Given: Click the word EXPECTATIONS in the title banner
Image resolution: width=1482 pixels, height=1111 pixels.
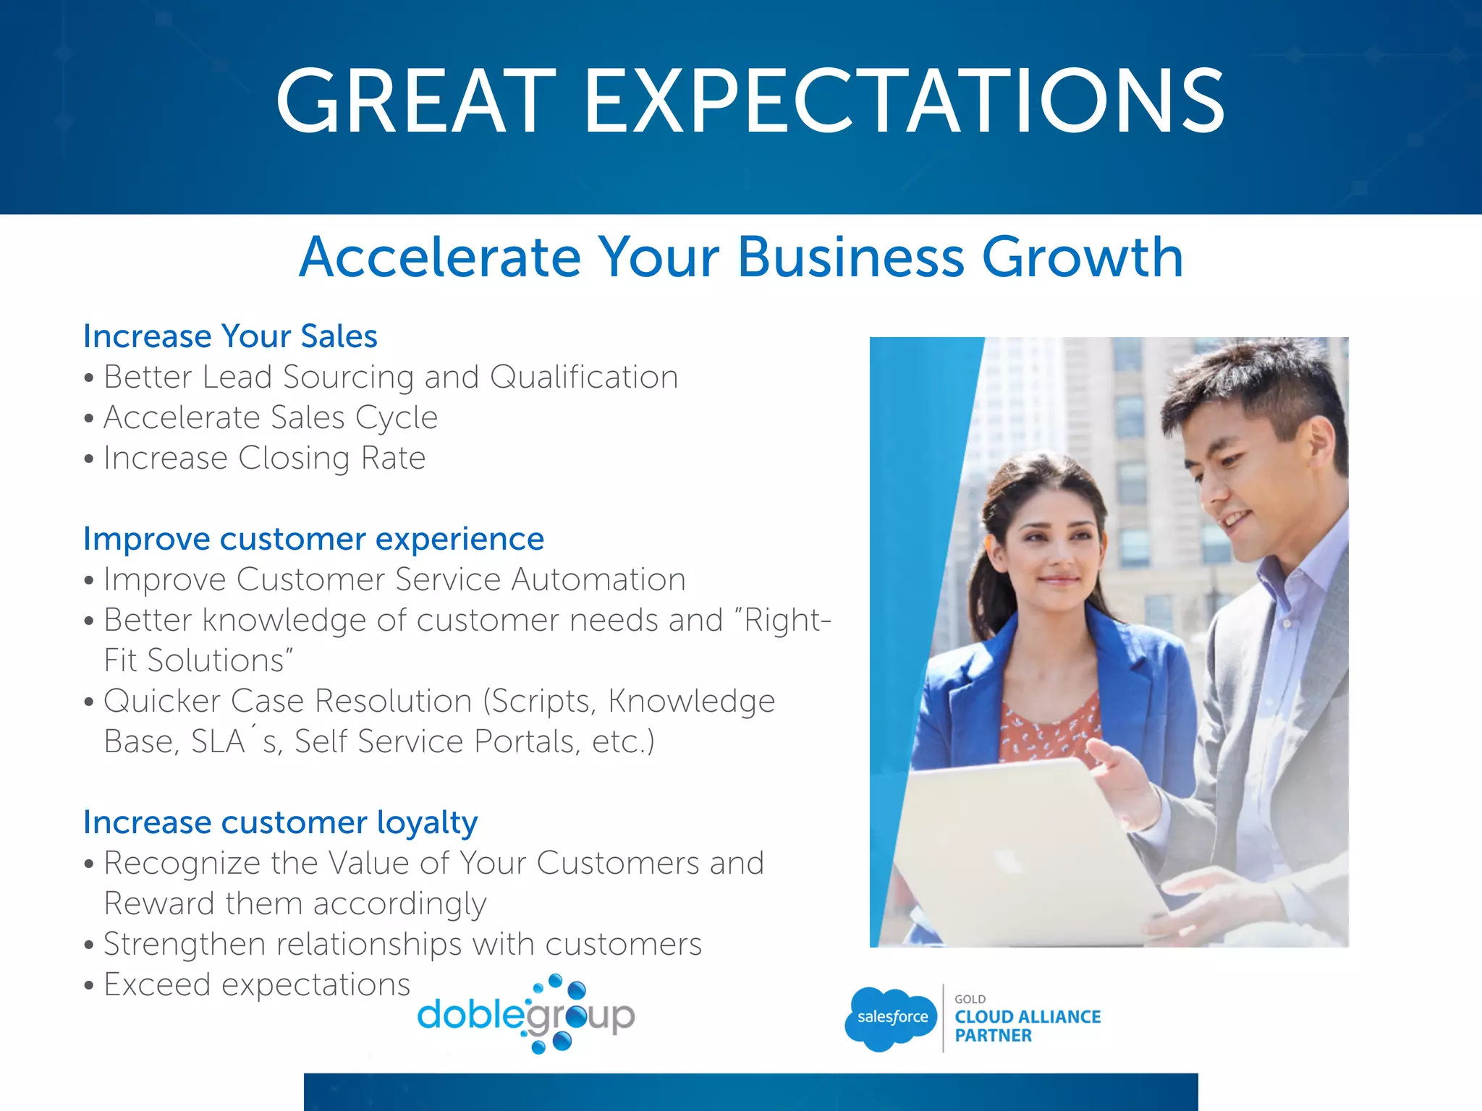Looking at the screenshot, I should (x=905, y=101).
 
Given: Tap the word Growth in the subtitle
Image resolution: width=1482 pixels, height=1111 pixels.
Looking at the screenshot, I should (x=1082, y=257).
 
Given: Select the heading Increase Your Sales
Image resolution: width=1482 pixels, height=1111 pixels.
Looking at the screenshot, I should (x=230, y=336).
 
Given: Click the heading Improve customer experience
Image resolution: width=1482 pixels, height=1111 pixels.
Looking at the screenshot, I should (x=313, y=539).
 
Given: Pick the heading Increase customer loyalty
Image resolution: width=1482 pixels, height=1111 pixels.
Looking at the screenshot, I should (x=280, y=822).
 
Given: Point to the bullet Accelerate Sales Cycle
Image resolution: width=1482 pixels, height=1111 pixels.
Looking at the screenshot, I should (x=270, y=417).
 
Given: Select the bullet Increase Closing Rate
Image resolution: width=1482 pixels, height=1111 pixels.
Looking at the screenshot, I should (x=264, y=458).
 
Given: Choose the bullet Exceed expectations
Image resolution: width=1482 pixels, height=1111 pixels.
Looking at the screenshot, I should (x=256, y=984).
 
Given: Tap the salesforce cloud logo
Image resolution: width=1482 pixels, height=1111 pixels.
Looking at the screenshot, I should (x=891, y=1018).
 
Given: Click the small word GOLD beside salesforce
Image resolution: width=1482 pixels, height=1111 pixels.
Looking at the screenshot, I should (x=970, y=999).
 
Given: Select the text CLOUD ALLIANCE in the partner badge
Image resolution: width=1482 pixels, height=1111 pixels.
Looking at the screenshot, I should (x=1027, y=1017).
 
